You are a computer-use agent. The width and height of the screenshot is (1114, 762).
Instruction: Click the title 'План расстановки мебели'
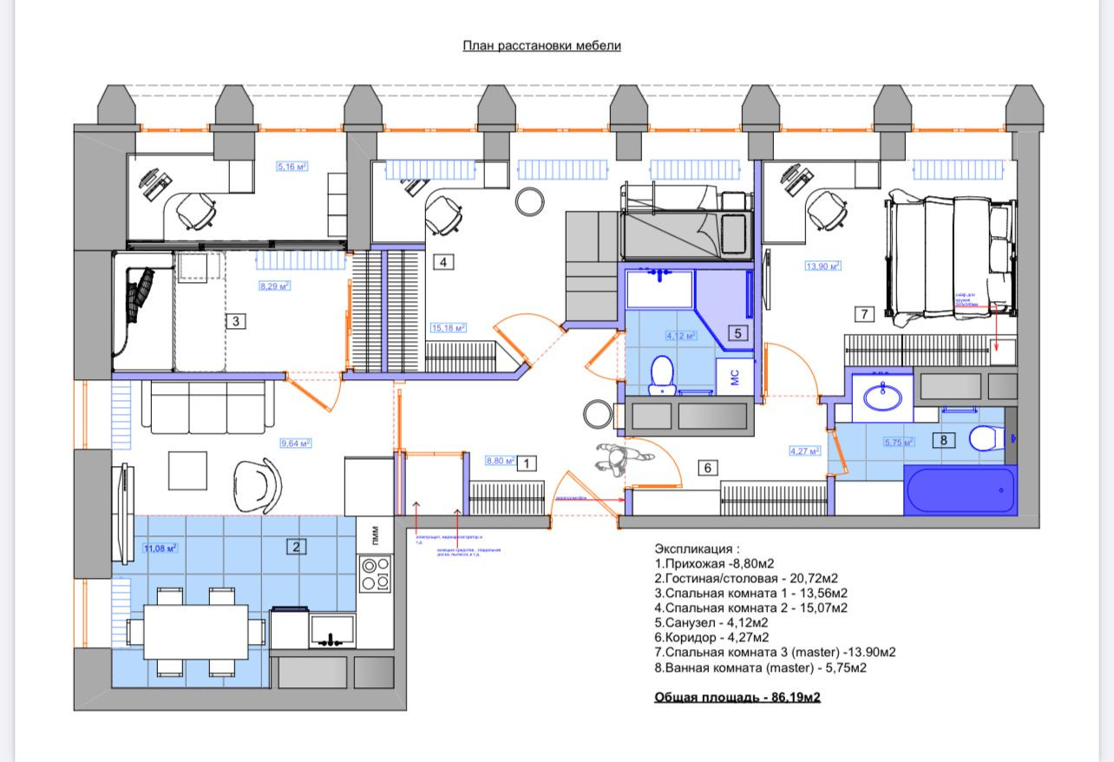tap(541, 45)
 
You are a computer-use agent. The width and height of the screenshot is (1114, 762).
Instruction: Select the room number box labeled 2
tap(297, 546)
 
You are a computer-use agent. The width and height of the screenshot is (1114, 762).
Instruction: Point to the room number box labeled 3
tap(235, 321)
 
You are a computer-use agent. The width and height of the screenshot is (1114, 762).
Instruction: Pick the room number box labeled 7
tap(863, 314)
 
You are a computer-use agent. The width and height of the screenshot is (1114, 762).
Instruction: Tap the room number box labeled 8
tap(944, 440)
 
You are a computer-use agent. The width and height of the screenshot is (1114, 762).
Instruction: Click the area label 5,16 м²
tap(292, 167)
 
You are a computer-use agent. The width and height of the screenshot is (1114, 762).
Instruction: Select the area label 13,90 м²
tap(822, 266)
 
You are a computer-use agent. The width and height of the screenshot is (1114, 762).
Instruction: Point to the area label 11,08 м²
tap(161, 548)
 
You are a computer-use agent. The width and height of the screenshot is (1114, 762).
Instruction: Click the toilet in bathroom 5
tap(663, 374)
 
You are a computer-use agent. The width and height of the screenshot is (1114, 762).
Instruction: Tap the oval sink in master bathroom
tap(882, 397)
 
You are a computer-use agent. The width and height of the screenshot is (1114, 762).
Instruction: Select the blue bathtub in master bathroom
tap(960, 491)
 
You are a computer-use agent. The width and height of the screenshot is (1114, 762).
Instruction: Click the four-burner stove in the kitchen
tap(376, 573)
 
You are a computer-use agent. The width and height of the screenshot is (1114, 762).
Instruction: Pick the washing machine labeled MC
tap(734, 376)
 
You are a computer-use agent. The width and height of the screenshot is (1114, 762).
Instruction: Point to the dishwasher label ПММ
tap(375, 532)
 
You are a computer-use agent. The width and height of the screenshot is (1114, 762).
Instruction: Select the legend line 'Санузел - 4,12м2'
tap(711, 622)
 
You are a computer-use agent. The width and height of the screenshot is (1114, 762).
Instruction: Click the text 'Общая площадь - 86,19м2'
tap(737, 697)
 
